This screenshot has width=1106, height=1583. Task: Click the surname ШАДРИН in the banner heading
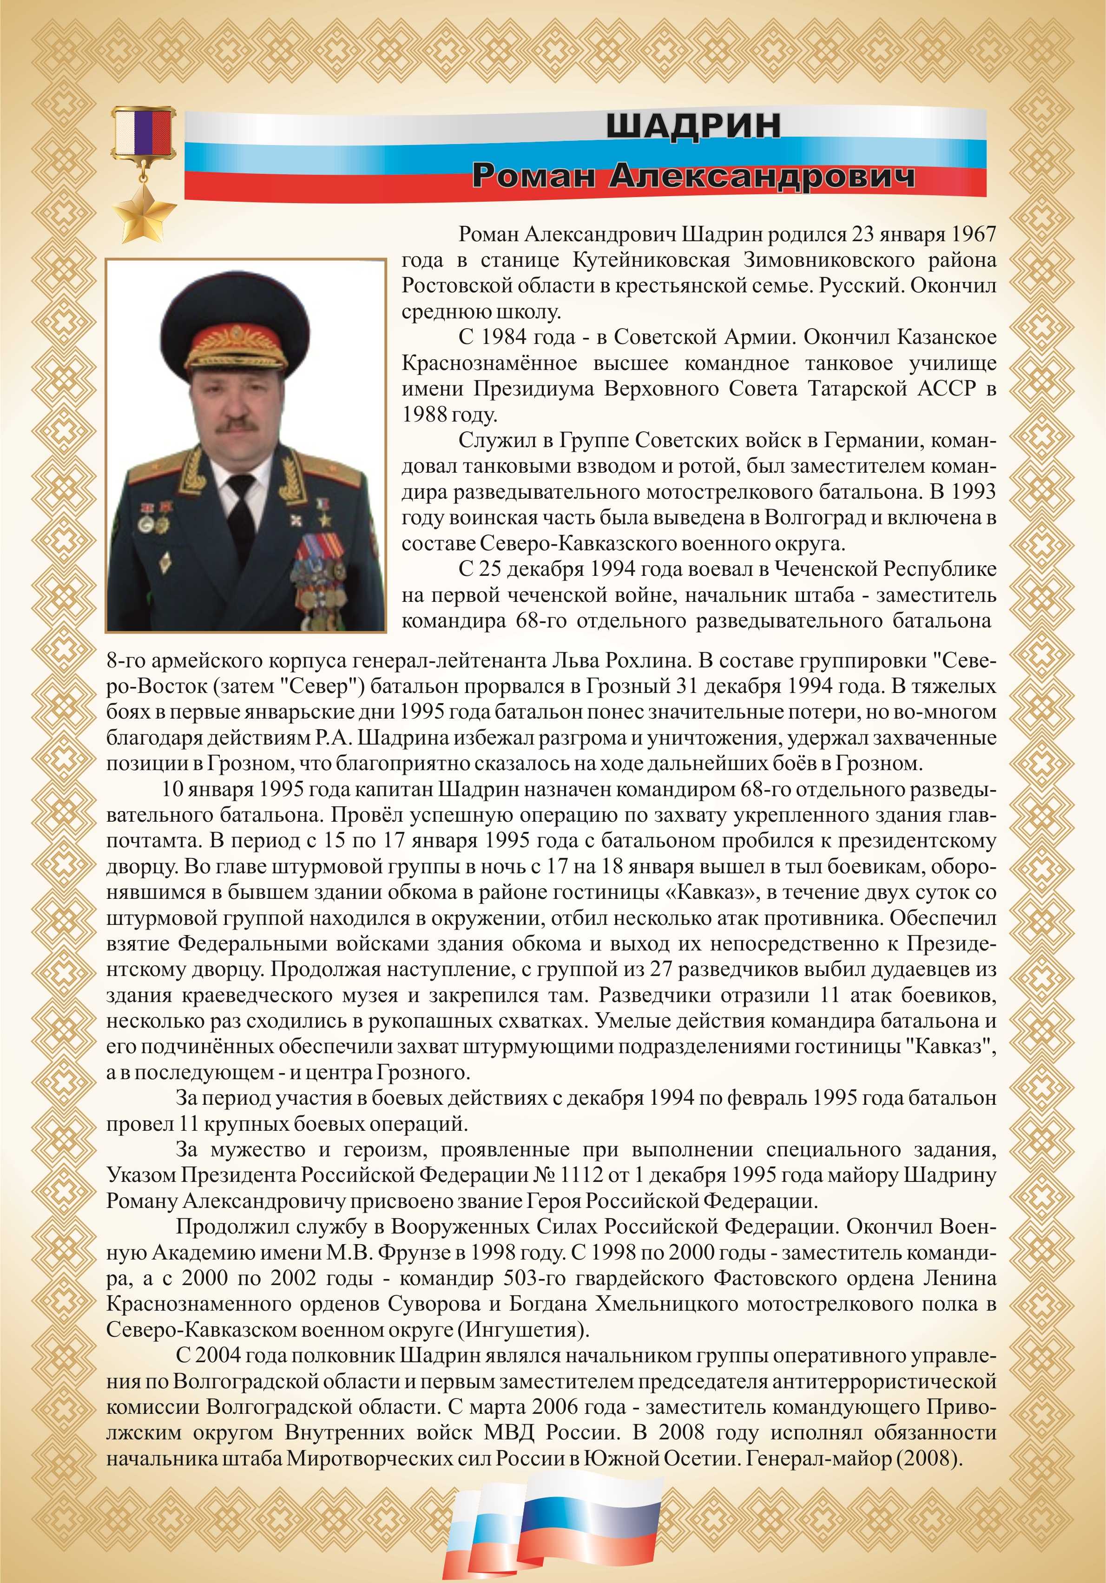click(x=693, y=126)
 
